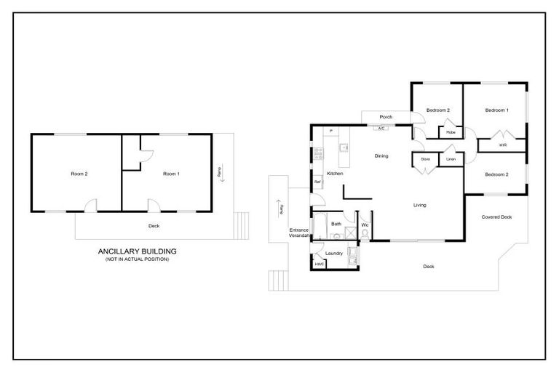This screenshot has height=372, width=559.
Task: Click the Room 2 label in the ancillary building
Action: [79, 174]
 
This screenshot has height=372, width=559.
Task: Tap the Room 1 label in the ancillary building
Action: [170, 174]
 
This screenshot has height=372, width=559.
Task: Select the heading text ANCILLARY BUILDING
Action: [138, 251]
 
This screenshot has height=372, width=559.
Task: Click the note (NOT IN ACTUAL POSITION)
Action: [138, 259]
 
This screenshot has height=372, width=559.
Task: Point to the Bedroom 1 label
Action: [497, 110]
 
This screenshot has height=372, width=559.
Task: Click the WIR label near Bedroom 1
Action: [502, 145]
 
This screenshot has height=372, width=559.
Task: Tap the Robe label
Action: [451, 132]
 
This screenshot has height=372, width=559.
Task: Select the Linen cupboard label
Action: [451, 158]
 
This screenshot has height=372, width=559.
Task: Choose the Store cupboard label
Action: [425, 158]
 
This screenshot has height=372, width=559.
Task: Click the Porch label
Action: [386, 117]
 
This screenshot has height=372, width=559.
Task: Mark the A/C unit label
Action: [381, 129]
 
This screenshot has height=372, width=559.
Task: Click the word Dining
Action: [381, 155]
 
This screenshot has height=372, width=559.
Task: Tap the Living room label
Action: [420, 205]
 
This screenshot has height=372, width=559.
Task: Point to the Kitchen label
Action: [335, 174]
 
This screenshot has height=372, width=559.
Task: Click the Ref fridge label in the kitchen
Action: [317, 182]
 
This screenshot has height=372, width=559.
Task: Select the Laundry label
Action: [334, 253]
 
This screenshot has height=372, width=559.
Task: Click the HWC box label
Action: [319, 264]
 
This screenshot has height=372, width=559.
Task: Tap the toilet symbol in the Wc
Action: [365, 234]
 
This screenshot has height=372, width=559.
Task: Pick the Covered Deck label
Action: [497, 217]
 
